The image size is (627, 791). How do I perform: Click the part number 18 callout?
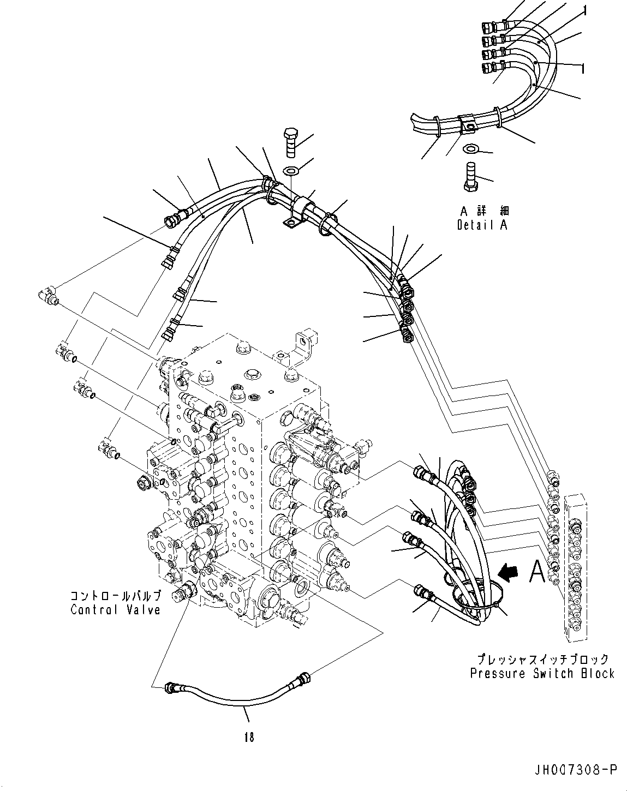click(249, 738)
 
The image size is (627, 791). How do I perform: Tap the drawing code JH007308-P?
click(575, 770)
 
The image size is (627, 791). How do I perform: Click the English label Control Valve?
click(116, 609)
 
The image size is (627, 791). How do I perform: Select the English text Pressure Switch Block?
click(542, 674)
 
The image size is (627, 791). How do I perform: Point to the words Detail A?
click(482, 225)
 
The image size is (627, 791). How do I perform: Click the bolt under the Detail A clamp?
click(470, 179)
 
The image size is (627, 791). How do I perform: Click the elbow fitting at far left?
click(47, 295)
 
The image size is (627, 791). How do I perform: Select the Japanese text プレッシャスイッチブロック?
click(542, 660)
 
